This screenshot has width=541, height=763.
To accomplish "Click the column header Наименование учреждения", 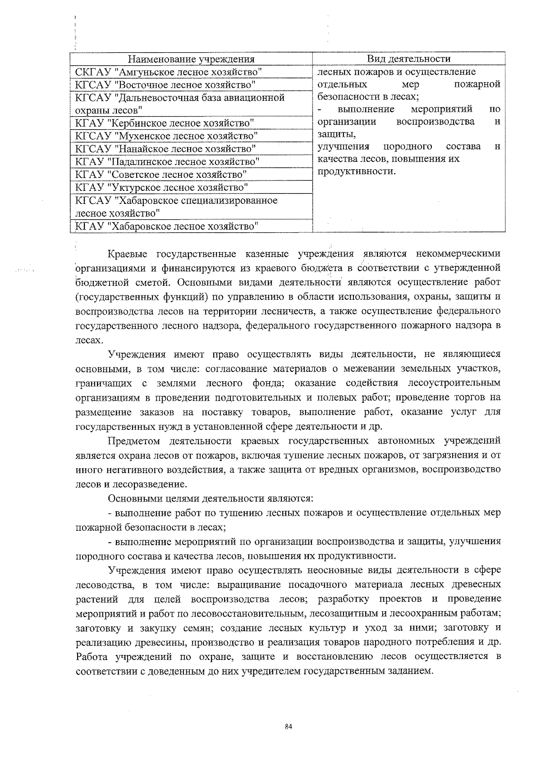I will pos(191,59).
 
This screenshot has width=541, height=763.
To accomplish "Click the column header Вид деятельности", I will pos(408,59).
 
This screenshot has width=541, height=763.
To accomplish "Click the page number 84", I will pos(289,726).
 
